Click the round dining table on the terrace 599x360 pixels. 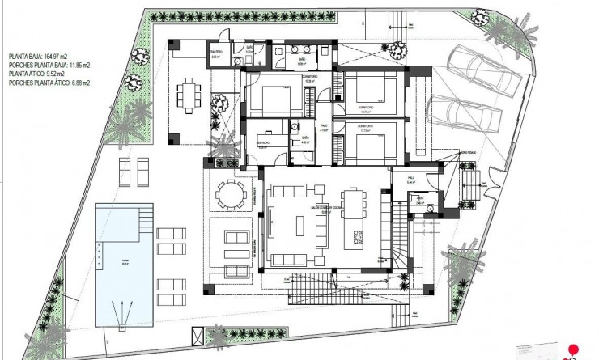pyautogui.click(x=229, y=195)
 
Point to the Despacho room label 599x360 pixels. pyautogui.click(x=264, y=145)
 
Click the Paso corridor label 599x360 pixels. pyautogui.click(x=323, y=127)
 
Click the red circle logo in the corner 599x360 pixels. pyautogui.click(x=574, y=350)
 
